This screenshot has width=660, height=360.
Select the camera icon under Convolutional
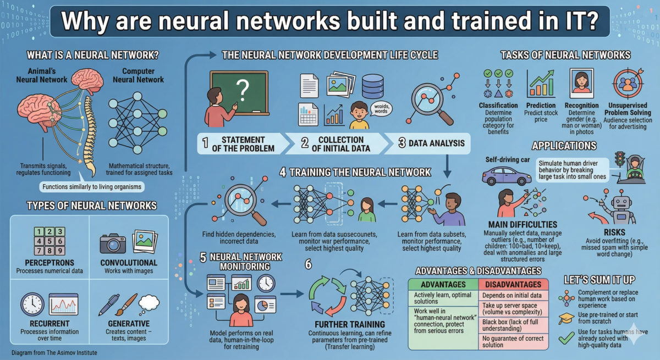pos(113,242)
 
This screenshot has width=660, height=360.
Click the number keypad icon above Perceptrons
pos(48,242)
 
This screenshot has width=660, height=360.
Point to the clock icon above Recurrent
pos(32,304)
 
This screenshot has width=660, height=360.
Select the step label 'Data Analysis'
pos(432,144)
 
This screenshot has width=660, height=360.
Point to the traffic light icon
pos(620,160)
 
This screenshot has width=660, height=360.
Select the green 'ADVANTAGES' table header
pos(443,284)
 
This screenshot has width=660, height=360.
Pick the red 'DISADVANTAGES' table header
pos(512,284)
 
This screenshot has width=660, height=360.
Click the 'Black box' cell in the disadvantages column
pos(512,324)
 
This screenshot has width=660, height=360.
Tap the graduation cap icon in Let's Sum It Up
pos(566,318)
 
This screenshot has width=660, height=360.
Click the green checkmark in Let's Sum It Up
pos(566,339)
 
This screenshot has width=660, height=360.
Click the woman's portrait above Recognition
pos(581,84)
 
